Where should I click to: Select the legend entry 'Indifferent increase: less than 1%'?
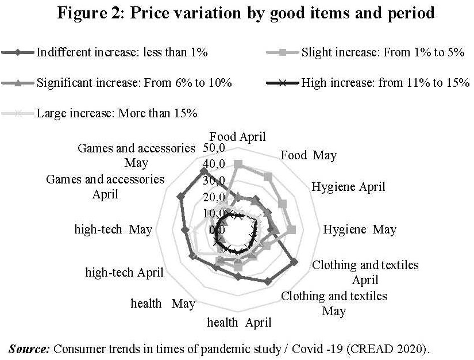pyautogui.click(x=122, y=52)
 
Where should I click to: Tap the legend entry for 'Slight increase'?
pyautogui.click(x=380, y=52)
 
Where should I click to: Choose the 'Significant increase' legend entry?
pyautogui.click(x=134, y=83)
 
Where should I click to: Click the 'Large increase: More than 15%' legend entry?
pyautogui.click(x=117, y=113)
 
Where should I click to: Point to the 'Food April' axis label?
pyautogui.click(x=238, y=137)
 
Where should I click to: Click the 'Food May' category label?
pyautogui.click(x=309, y=155)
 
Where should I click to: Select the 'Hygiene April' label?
pyautogui.click(x=348, y=187)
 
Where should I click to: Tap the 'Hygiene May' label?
pyautogui.click(x=360, y=229)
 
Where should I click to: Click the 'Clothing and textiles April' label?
pyautogui.click(x=365, y=273)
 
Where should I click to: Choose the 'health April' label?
pyautogui.click(x=239, y=323)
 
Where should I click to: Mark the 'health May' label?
pyautogui.click(x=163, y=303)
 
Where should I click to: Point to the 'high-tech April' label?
pyautogui.click(x=124, y=273)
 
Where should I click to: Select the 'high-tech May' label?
pyautogui.click(x=113, y=229)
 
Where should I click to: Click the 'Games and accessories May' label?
pyautogui.click(x=136, y=155)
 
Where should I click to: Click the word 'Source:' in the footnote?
pyautogui.click(x=30, y=348)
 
